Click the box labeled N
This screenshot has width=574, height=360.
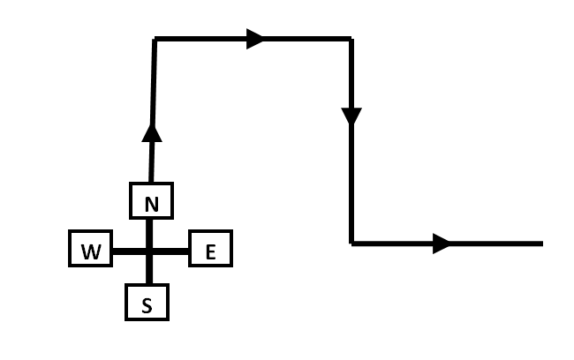tap(151, 201)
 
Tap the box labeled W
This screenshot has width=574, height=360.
tap(90, 251)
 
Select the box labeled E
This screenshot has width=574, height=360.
tap(210, 251)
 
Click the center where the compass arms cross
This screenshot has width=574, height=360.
tap(148, 251)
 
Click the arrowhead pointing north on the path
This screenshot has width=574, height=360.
tap(152, 131)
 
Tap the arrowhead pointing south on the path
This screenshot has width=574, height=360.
tap(351, 116)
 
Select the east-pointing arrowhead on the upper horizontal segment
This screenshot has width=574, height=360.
tap(255, 39)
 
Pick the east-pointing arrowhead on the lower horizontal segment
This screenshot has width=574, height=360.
tap(442, 244)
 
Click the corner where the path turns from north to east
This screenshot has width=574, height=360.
tap(155, 39)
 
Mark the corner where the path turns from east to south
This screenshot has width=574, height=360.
tap(351, 39)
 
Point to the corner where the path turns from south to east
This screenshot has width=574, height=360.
tap(351, 244)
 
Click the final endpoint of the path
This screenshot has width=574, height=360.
tap(540, 244)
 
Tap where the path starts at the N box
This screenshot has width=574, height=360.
tap(150, 183)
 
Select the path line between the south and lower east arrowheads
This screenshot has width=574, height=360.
tap(351, 185)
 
